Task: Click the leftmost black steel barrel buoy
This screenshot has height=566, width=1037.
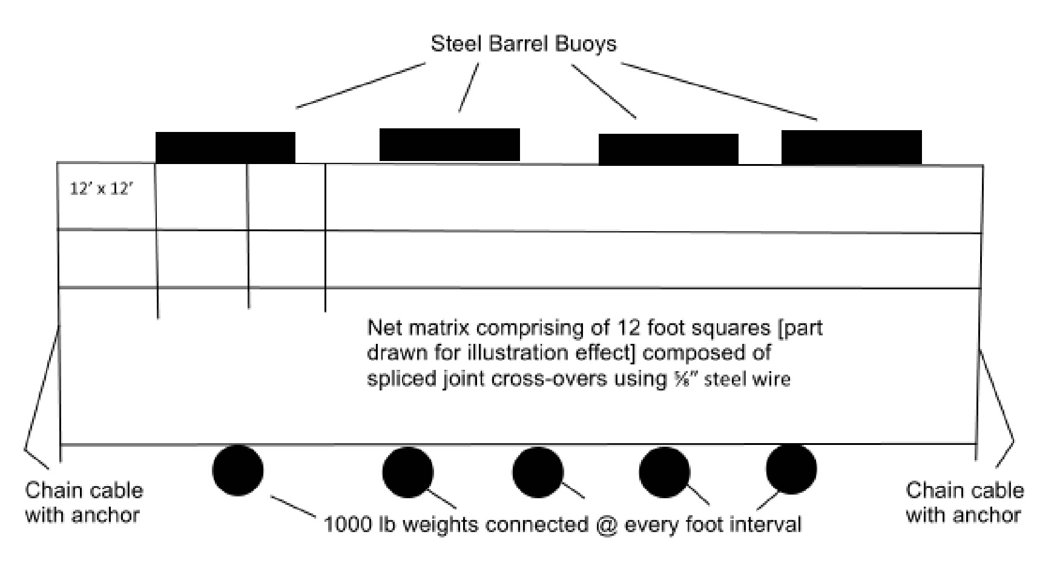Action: point(225,148)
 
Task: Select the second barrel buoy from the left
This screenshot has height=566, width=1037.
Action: point(450,145)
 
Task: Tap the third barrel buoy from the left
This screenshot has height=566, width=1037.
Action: point(668,150)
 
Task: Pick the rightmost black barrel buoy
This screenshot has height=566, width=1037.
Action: point(851,147)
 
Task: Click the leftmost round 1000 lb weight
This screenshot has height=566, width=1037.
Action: point(237,470)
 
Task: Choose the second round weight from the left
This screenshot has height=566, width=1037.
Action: point(408,472)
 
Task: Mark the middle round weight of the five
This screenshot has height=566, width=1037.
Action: point(538,472)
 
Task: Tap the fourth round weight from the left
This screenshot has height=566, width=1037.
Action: point(664,472)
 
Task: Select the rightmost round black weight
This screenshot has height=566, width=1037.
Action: point(791,469)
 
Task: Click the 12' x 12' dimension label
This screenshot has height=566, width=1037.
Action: point(101,189)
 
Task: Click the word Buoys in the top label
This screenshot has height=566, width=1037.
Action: point(585,44)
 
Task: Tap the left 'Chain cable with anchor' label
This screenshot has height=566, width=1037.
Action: point(84,502)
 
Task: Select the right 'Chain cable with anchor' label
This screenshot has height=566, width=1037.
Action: point(965,502)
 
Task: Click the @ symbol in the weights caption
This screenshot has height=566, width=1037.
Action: point(607,525)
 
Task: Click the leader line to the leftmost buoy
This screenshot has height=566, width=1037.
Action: point(361,85)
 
